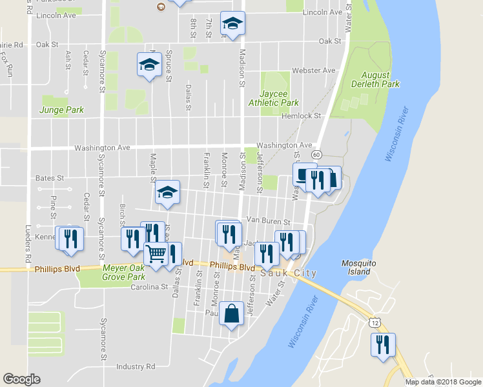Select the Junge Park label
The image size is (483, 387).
[62, 110]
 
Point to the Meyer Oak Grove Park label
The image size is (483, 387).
[124, 272]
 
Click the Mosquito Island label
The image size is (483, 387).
[356, 267]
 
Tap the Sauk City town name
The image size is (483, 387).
[289, 273]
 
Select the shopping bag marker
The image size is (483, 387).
[232, 314]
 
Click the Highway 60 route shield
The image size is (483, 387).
[316, 155]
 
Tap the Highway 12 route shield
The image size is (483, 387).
[375, 322]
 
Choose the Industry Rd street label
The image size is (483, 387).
[136, 366]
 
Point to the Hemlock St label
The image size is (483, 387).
[302, 116]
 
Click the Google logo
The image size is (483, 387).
[22, 379]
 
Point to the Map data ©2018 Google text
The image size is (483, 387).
[442, 382]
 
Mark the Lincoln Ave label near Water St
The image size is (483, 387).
[322, 12]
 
